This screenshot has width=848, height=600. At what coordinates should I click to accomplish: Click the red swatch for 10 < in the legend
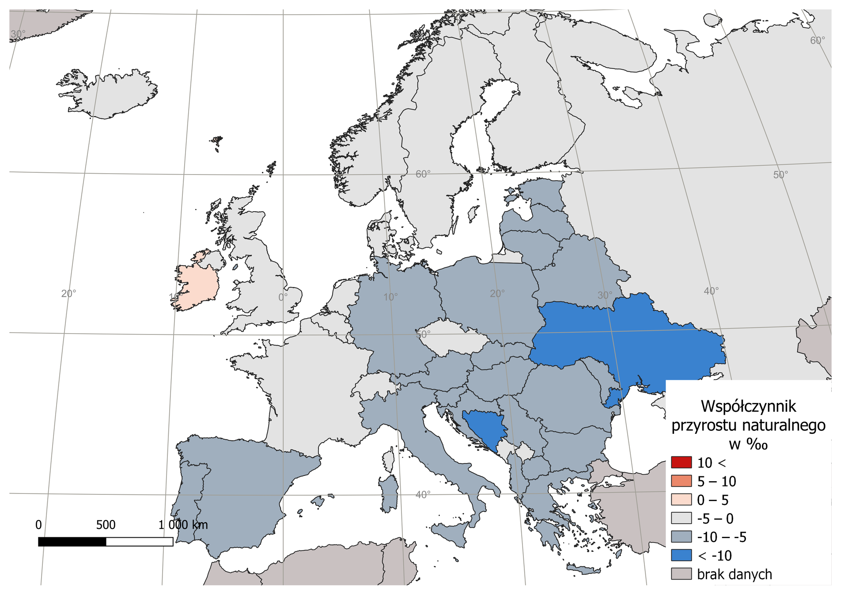coord(681,462)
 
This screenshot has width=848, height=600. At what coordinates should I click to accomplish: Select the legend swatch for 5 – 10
coord(681,481)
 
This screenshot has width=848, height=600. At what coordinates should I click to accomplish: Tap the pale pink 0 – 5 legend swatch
coord(681,499)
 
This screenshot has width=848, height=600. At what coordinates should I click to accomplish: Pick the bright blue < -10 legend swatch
coord(681,555)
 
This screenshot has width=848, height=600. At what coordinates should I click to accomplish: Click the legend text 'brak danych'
coord(734,574)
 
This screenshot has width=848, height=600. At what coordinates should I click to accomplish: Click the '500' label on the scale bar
coord(106,524)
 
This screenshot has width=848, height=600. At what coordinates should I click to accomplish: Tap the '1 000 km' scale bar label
coord(183,524)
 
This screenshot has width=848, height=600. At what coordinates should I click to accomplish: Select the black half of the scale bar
coord(72,541)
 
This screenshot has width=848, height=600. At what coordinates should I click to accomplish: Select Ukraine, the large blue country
coord(627,336)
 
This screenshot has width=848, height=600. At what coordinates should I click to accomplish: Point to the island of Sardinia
coord(389,493)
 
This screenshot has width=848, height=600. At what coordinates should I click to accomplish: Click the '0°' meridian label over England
coord(283,297)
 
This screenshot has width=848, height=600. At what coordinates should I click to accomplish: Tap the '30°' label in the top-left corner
coord(18,34)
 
